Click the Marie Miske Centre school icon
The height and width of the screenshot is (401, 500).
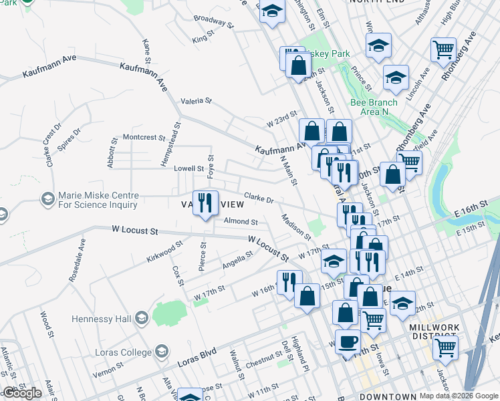[x=47, y=198]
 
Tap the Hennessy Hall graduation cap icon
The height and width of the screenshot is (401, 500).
[x=141, y=317]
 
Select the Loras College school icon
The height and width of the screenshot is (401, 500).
[x=160, y=350]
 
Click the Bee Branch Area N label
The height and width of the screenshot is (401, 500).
[x=374, y=106]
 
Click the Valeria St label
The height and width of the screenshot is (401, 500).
[x=196, y=102]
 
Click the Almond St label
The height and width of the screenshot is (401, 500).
[x=241, y=221]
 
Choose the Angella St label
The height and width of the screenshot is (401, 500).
[x=238, y=259]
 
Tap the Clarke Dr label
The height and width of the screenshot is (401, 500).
[x=259, y=198]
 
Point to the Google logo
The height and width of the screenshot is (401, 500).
[x=22, y=393]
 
